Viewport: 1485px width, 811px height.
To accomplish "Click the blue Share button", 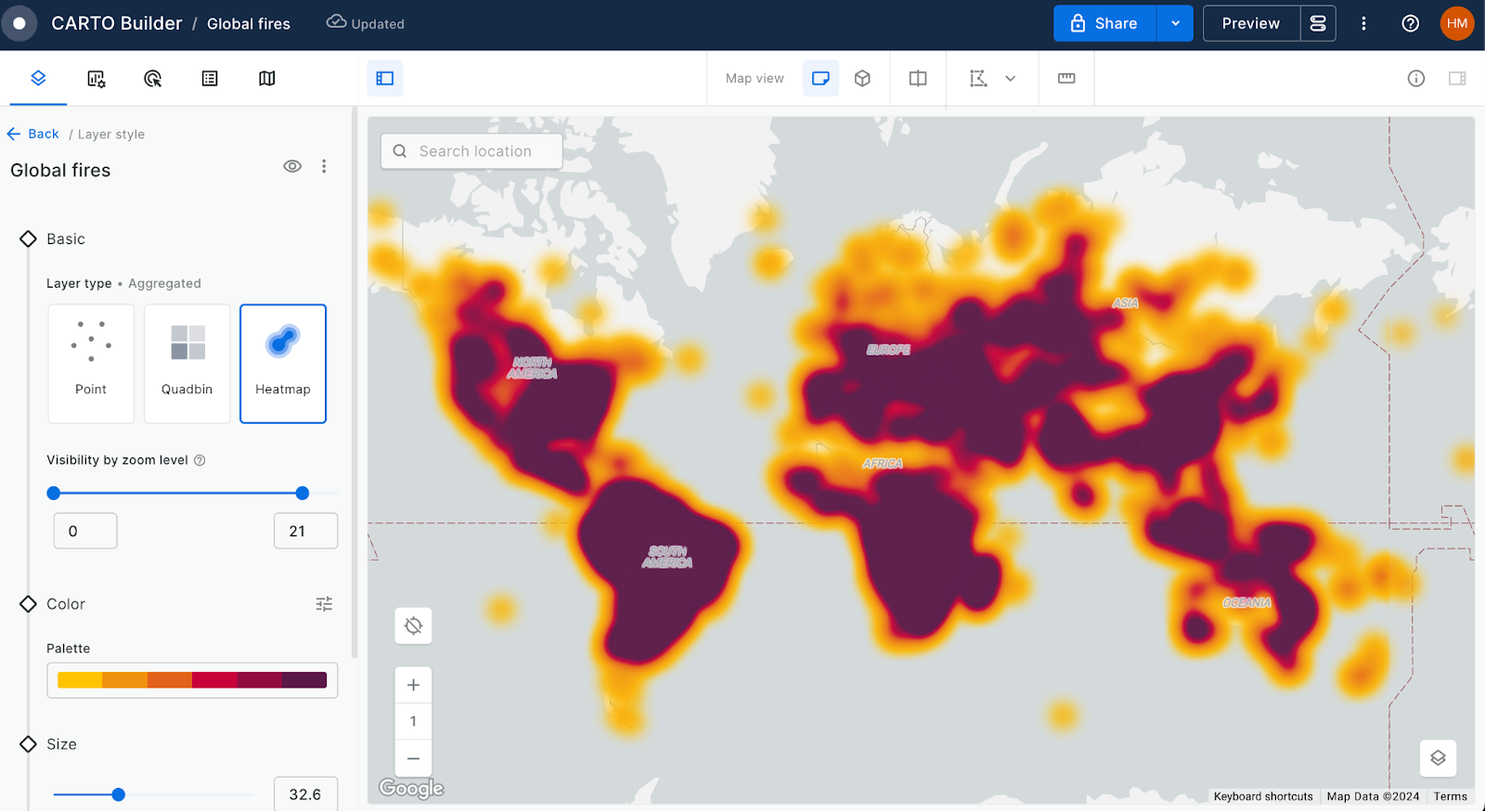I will click(x=1104, y=23).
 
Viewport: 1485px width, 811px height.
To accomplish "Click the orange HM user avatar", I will click(x=1456, y=23).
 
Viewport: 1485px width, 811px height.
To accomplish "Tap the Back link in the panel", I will click(x=33, y=134).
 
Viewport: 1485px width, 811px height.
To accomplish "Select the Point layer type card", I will click(x=91, y=363).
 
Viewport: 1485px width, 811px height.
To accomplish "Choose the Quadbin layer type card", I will click(x=187, y=363).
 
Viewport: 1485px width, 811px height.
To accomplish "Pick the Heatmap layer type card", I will click(x=283, y=363).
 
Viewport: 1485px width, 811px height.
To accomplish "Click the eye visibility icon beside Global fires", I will click(x=292, y=166).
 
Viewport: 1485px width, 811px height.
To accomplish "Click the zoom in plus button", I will click(x=413, y=685).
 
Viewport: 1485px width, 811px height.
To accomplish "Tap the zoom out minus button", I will click(x=413, y=758).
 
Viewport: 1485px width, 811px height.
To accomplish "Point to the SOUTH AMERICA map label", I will click(x=667, y=557).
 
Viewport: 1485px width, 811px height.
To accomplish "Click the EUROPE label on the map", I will click(x=888, y=350).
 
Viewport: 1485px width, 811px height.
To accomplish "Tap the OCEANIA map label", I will click(x=1246, y=602).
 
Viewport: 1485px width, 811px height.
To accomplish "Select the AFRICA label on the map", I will click(x=882, y=463).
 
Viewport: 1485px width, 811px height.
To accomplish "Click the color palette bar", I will click(x=192, y=680).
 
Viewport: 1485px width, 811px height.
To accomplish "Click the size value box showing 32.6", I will click(x=305, y=794).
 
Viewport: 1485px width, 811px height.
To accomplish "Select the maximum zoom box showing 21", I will click(x=305, y=531).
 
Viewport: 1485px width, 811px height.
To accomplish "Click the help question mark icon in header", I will click(x=1410, y=23).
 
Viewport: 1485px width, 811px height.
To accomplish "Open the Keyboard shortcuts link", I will click(x=1263, y=796).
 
